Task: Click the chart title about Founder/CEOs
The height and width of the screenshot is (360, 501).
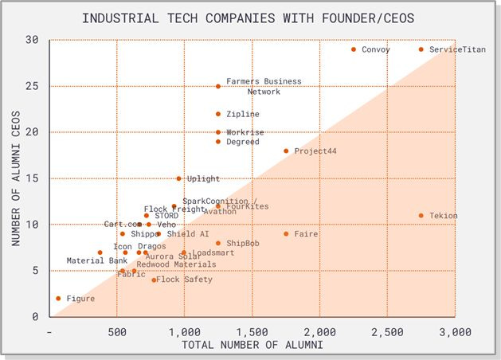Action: tap(250, 18)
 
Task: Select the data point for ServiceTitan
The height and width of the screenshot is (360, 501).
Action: tap(421, 49)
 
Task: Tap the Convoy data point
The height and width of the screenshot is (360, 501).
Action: tap(354, 49)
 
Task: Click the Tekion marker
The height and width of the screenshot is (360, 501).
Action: tap(421, 216)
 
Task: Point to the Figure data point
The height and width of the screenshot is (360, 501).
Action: tap(58, 299)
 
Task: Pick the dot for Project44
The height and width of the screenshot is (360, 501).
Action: tap(286, 151)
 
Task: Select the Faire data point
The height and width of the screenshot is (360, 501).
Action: tap(286, 234)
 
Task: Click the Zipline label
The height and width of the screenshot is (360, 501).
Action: tap(242, 114)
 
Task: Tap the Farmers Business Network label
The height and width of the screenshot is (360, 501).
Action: tap(252, 86)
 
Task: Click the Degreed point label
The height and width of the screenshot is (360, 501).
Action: tap(242, 142)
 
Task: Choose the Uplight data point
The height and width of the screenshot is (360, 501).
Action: tap(178, 179)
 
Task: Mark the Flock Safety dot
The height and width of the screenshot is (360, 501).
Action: tap(154, 280)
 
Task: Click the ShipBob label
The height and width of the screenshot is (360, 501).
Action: tap(242, 243)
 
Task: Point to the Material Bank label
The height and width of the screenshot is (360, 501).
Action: tap(96, 260)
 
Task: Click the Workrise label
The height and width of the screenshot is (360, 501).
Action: tap(245, 132)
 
